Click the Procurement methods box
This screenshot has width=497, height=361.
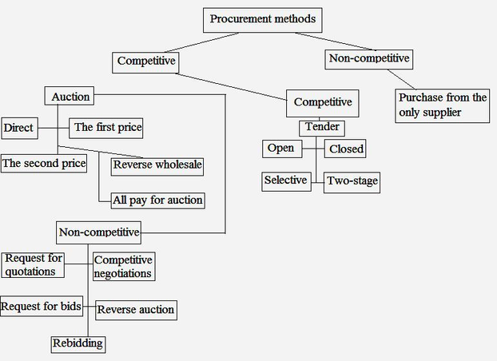[263, 19]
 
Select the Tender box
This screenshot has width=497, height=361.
[322, 128]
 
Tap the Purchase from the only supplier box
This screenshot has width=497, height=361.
[442, 105]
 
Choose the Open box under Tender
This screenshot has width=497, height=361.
[280, 148]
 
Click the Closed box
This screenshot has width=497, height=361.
[345, 149]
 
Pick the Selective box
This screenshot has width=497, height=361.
[286, 180]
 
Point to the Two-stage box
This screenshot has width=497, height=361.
[352, 182]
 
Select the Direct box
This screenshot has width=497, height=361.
[19, 127]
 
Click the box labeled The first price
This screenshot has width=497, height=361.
[108, 127]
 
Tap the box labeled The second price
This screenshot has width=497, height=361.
[43, 164]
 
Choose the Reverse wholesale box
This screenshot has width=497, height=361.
[157, 166]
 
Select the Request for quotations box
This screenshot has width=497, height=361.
[33, 264]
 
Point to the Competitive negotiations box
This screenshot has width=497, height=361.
[123, 267]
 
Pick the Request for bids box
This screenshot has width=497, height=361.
[42, 306]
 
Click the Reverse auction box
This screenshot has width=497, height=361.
[135, 310]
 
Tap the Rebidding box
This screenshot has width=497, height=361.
[78, 344]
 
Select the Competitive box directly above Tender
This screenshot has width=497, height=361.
[323, 102]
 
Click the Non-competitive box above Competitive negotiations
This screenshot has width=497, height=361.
[99, 233]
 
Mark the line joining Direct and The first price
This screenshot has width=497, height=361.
[54, 127]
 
